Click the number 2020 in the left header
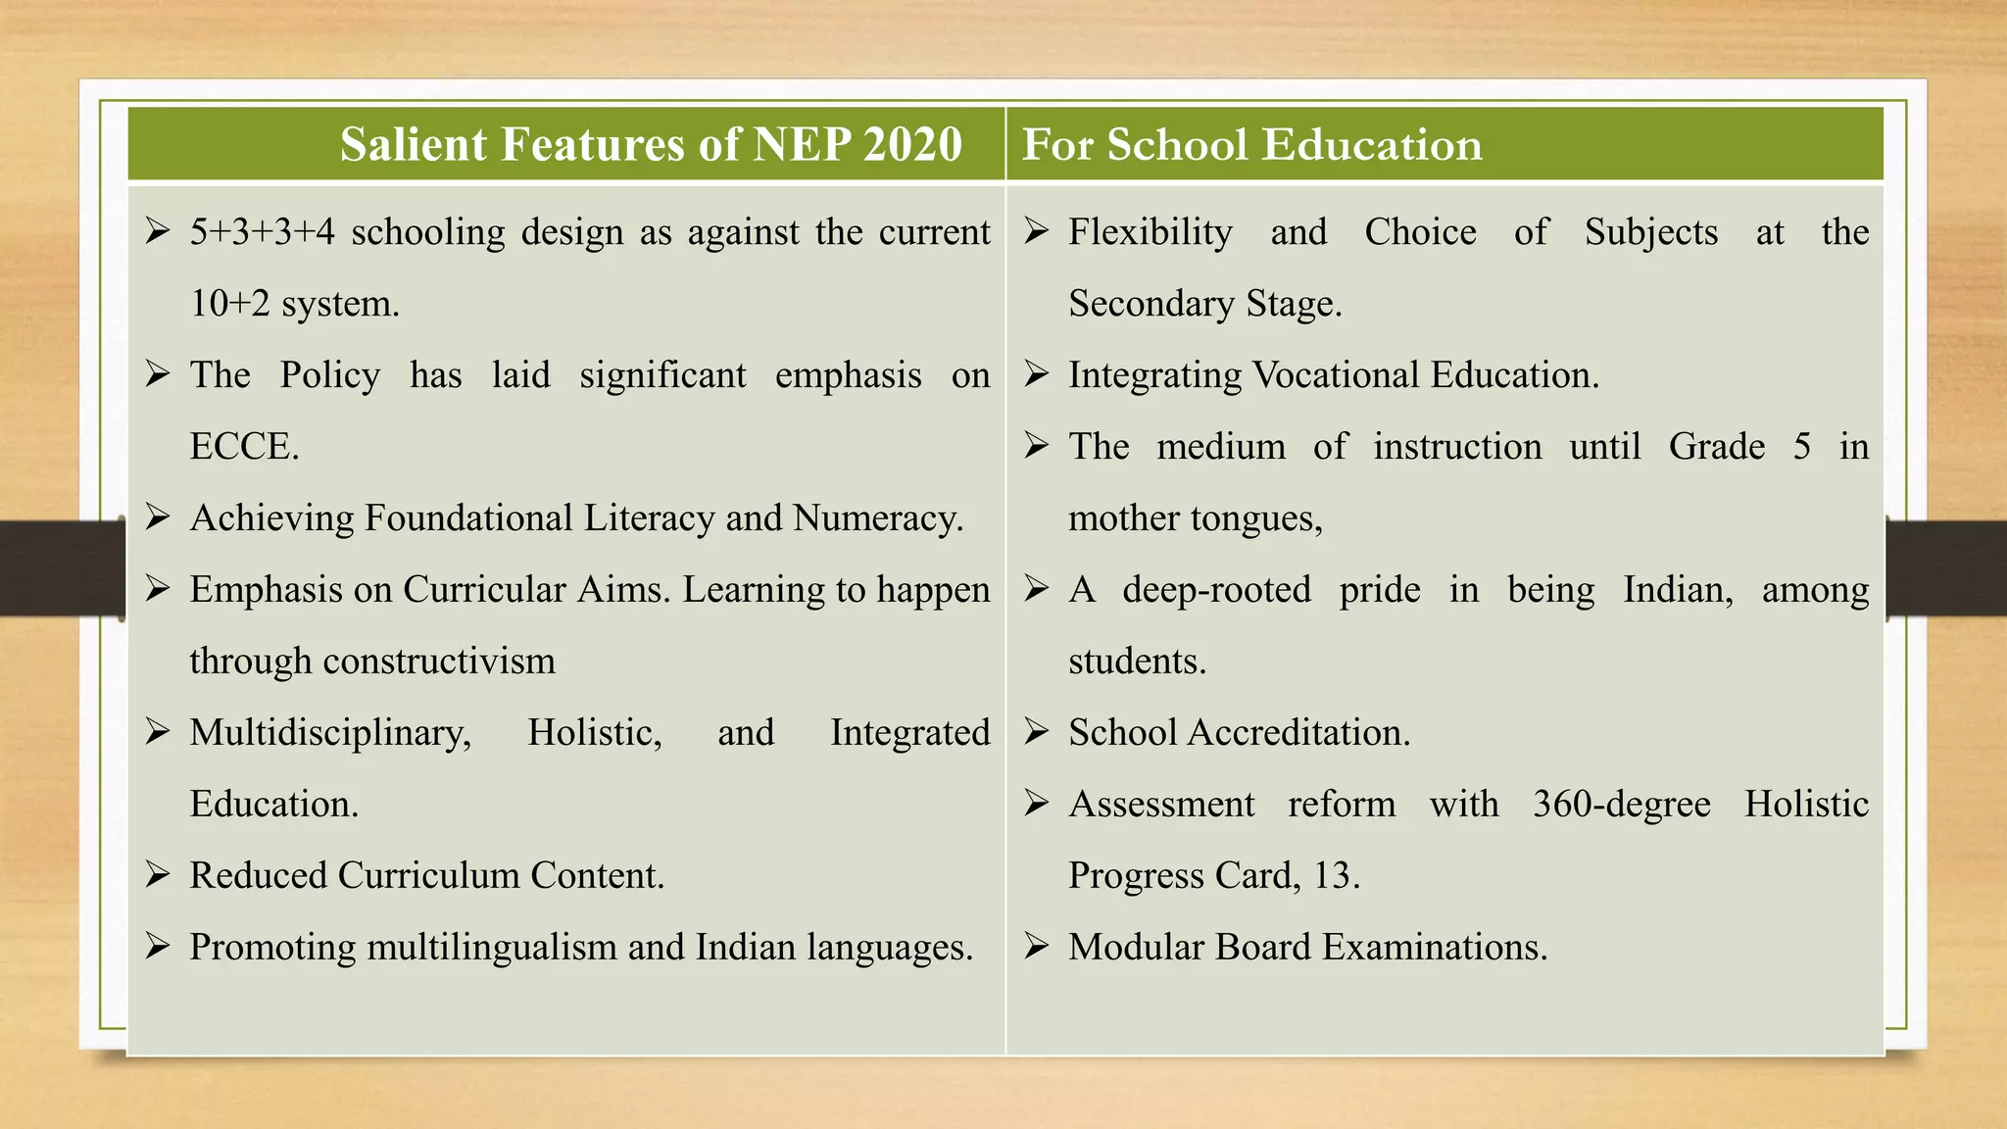(912, 144)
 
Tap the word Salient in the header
(413, 144)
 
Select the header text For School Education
(1251, 144)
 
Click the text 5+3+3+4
(262, 232)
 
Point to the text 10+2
(229, 304)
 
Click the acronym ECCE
(243, 447)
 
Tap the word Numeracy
(877, 518)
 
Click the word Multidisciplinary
(330, 733)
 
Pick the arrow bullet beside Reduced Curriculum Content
(158, 874)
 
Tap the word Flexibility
(1150, 232)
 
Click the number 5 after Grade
(1801, 447)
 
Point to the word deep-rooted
(1216, 590)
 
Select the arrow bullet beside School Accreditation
(1037, 731)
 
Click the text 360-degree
(1621, 805)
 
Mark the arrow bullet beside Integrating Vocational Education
(1037, 373)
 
